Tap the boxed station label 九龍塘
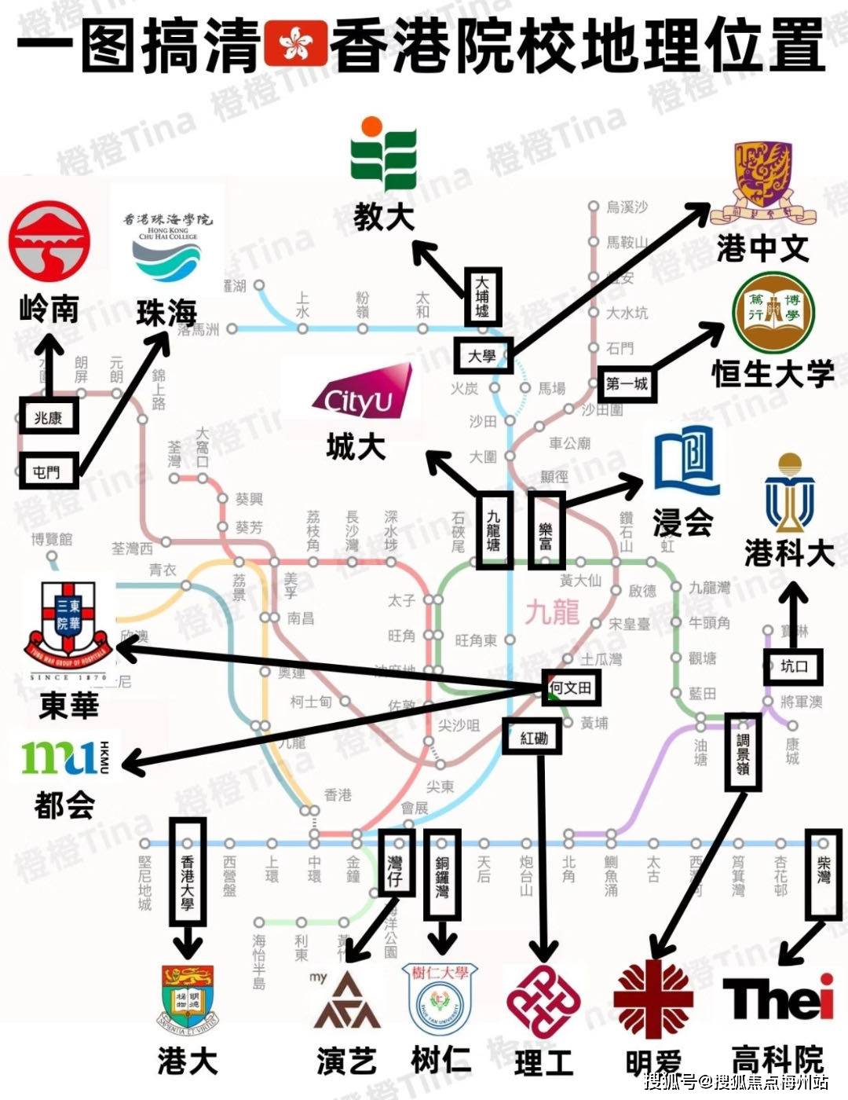click(x=493, y=528)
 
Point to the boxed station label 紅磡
click(x=534, y=738)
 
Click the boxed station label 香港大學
click(x=188, y=870)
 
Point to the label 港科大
click(x=788, y=554)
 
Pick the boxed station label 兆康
click(x=49, y=418)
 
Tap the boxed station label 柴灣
click(x=823, y=874)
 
